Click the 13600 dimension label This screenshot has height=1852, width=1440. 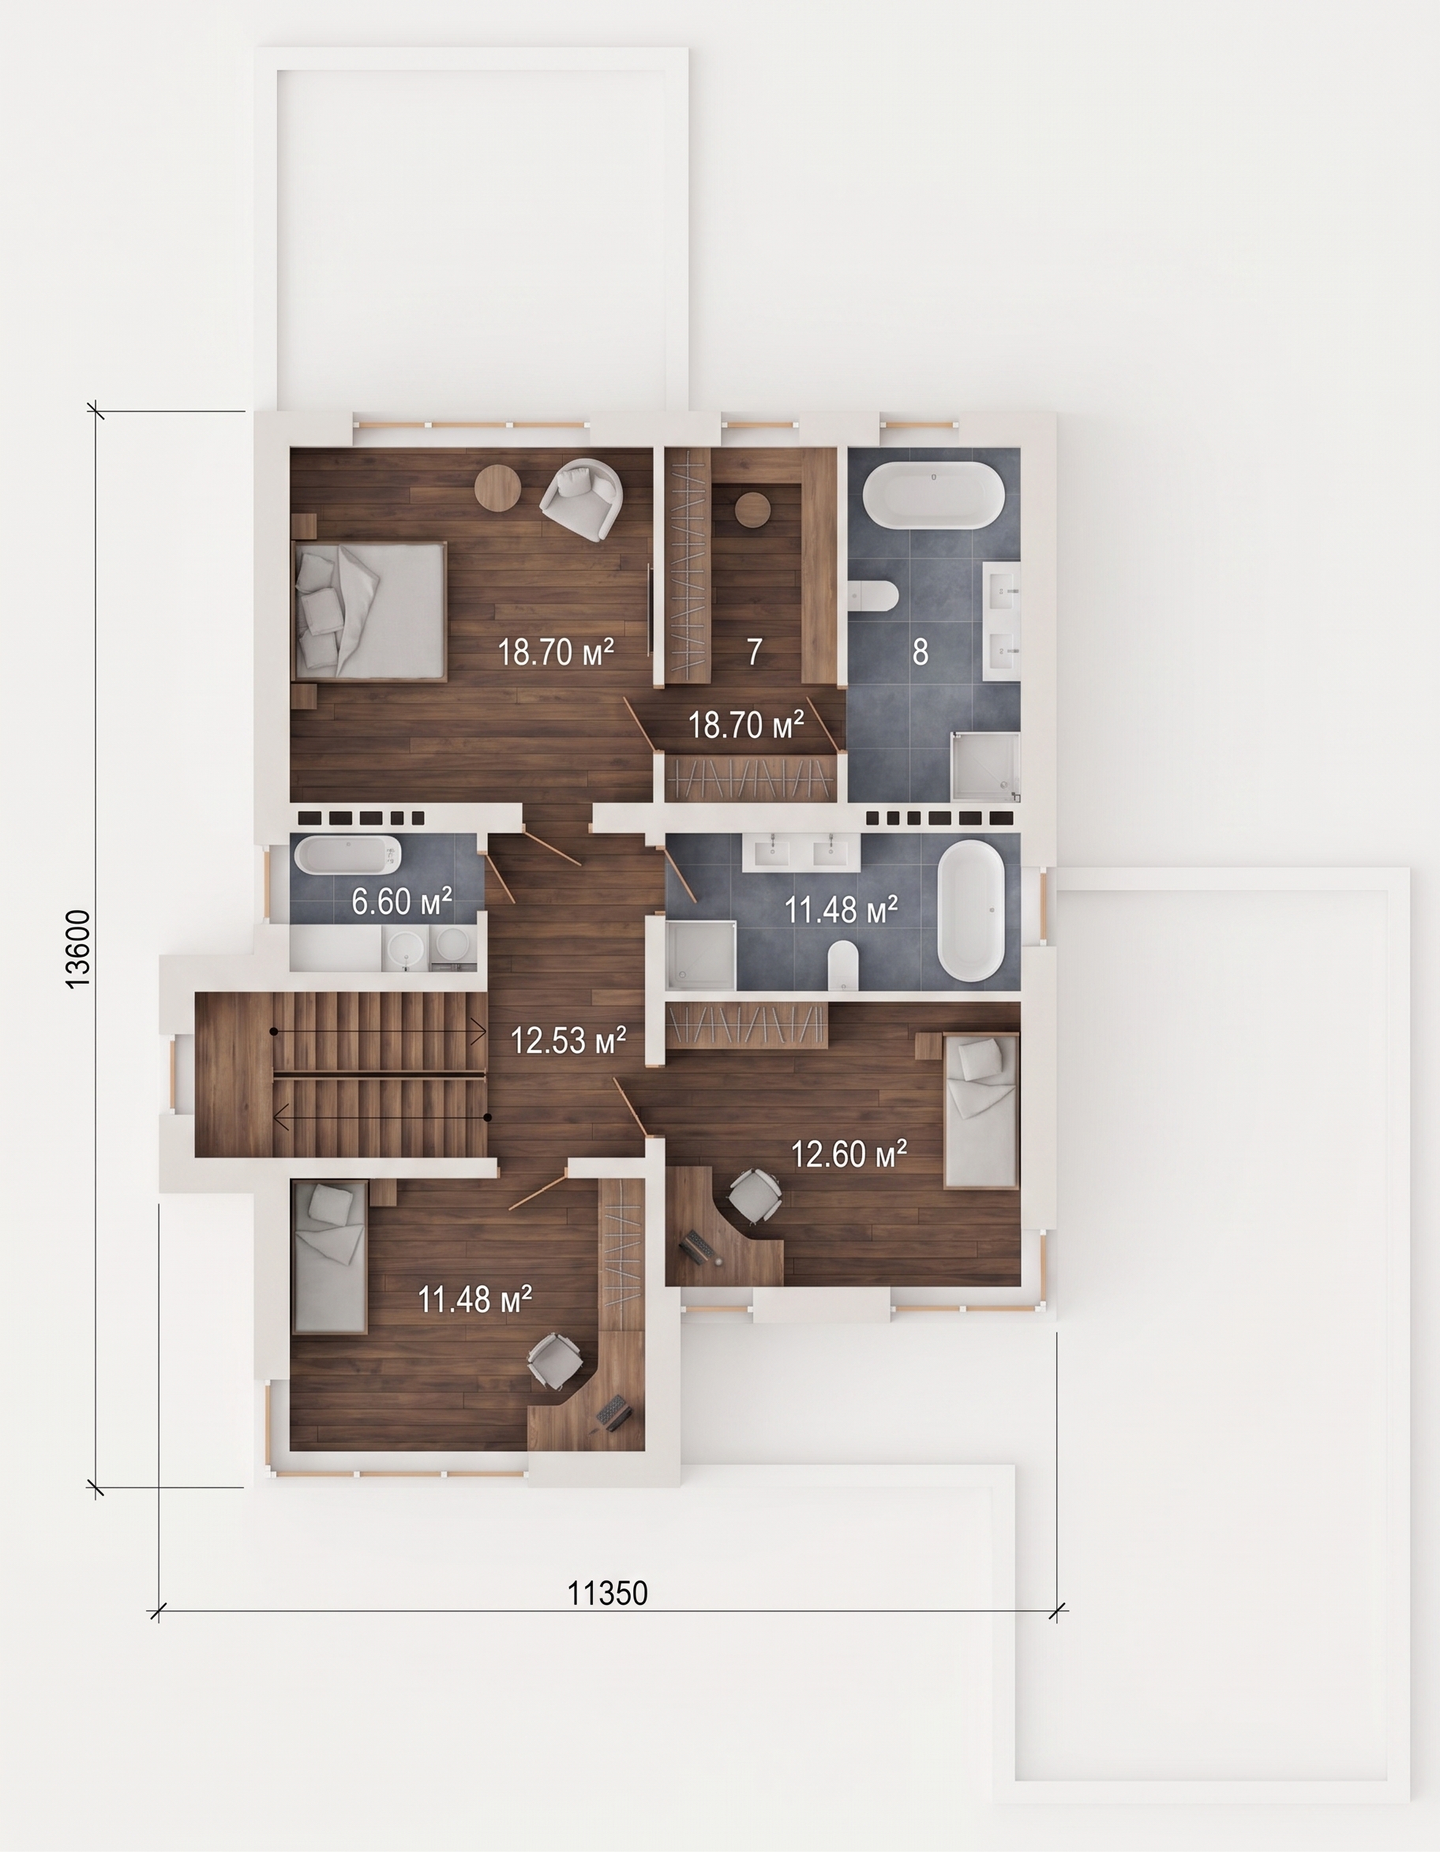pos(78,949)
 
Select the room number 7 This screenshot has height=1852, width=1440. pos(754,651)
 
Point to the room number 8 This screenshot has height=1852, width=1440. pos(921,651)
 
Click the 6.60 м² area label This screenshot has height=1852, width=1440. pos(402,902)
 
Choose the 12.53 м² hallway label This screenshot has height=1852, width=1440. pos(568,1040)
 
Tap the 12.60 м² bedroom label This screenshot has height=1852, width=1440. pos(849,1153)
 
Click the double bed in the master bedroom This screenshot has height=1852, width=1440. pos(369,610)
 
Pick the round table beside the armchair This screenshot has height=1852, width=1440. pos(497,489)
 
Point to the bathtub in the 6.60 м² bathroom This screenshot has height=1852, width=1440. pos(347,857)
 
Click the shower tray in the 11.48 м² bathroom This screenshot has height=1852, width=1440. pos(700,956)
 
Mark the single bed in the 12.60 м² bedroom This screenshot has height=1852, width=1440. pos(981,1111)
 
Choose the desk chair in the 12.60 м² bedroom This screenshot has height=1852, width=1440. pos(753,1196)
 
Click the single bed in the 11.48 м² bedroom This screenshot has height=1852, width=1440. pos(329,1258)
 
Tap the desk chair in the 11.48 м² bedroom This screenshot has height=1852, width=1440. pos(556,1360)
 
